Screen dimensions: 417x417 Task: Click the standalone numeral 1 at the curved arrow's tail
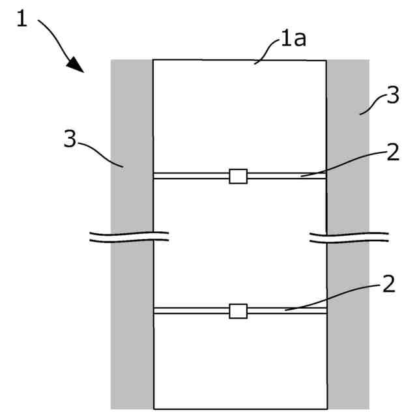pyautogui.click(x=22, y=19)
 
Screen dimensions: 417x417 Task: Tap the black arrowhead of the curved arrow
pyautogui.click(x=76, y=65)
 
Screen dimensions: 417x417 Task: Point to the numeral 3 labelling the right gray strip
pyautogui.click(x=392, y=97)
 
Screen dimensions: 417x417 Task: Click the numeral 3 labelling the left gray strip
pyautogui.click(x=70, y=139)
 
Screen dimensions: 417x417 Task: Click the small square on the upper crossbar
pyautogui.click(x=238, y=176)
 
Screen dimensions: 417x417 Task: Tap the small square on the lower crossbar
pyautogui.click(x=238, y=311)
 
